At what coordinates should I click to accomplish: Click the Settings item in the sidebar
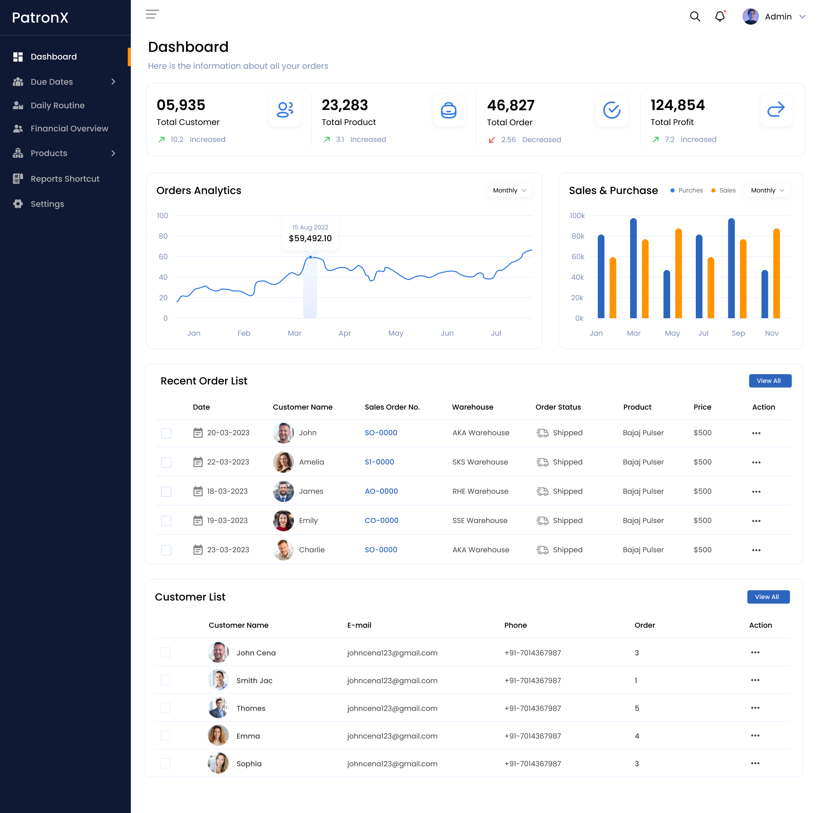47,204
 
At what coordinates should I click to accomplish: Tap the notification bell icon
719,16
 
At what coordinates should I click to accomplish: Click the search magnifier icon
695,16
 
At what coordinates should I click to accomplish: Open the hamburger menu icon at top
152,14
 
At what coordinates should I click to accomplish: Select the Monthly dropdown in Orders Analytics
509,190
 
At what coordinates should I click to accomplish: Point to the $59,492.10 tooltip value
310,238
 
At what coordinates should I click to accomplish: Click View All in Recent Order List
770,381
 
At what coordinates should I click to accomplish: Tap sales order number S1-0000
379,462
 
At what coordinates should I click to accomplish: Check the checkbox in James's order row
166,492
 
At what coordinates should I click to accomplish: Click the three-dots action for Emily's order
756,521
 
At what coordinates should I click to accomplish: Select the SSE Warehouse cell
480,520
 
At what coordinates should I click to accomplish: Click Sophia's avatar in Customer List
218,763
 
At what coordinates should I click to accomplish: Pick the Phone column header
516,625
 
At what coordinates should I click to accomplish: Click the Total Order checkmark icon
612,111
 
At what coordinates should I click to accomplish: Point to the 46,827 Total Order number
510,105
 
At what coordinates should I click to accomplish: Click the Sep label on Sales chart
738,333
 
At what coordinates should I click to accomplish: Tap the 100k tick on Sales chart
577,216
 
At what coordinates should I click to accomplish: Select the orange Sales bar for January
612,288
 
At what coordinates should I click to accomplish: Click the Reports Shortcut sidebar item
65,179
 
